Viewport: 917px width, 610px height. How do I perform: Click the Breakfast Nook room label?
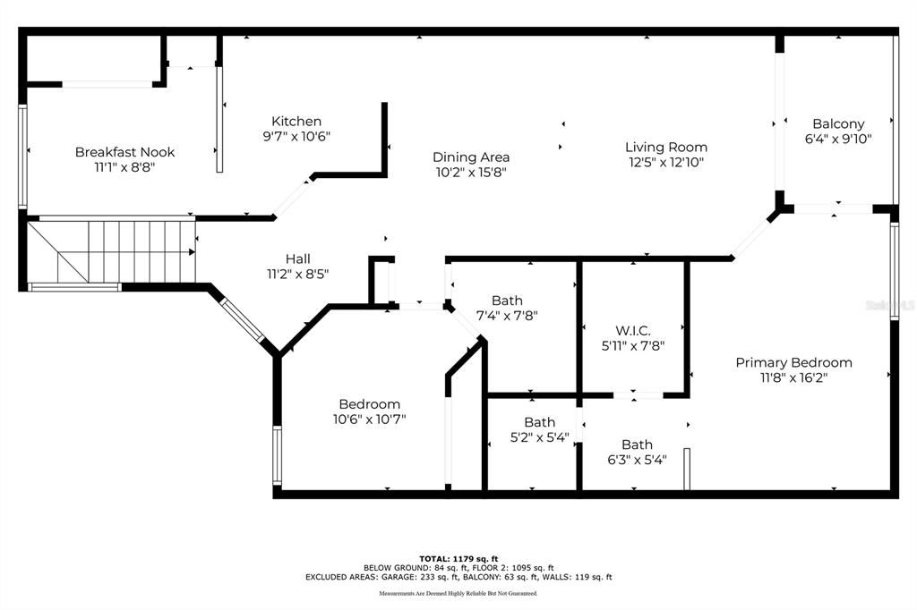(x=124, y=152)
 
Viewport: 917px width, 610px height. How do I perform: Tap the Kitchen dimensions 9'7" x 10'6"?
(x=296, y=137)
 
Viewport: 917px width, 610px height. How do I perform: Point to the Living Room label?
(x=665, y=147)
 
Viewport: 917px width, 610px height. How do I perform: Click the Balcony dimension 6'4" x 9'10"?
(x=838, y=139)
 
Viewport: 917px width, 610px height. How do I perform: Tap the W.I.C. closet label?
(x=632, y=330)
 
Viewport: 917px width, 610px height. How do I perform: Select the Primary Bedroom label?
(x=793, y=362)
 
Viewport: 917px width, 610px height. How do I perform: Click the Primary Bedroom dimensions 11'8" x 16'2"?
(x=793, y=378)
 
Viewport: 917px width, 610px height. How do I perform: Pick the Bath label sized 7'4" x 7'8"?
(x=507, y=301)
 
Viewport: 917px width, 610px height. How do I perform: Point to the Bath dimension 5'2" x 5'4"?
(x=539, y=437)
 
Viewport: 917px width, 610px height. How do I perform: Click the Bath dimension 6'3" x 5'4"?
(x=637, y=461)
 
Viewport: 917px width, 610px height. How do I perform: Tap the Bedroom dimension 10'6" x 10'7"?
(x=369, y=419)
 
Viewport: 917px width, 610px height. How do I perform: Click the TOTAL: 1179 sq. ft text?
(x=458, y=558)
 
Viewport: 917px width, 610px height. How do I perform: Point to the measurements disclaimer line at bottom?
(x=458, y=594)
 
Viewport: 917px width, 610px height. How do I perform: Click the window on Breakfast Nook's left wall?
(x=23, y=157)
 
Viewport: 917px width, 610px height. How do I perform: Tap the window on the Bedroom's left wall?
(x=277, y=455)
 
